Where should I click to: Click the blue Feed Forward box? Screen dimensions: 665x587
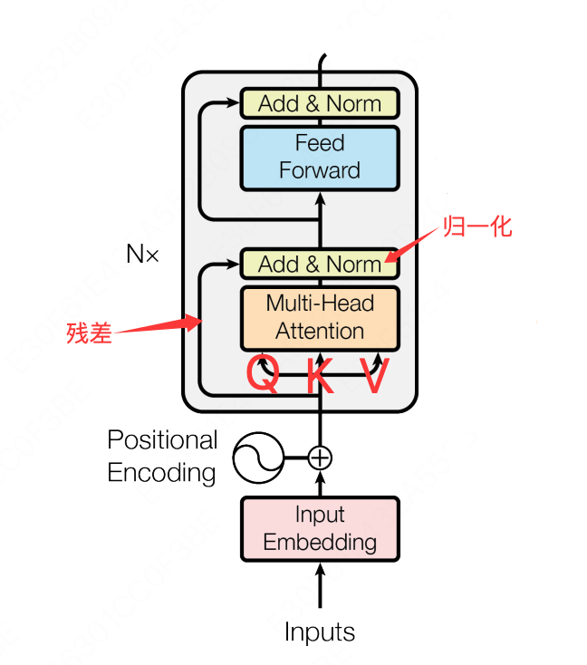319,158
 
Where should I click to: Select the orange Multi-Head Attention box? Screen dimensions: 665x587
319,317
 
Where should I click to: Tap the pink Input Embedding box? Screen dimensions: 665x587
319,529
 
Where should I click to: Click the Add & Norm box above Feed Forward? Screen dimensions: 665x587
319,103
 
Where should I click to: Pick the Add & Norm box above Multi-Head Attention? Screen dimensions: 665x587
319,264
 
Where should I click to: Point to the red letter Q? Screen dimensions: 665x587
264,375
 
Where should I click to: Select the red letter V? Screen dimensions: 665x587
374,375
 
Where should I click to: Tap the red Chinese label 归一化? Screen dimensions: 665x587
477,226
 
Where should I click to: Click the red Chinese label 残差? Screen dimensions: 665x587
89,332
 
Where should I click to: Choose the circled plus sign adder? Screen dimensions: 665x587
319,458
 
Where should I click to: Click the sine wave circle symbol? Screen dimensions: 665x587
257,458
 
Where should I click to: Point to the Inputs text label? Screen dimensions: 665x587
319,631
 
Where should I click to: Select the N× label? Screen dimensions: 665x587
142,255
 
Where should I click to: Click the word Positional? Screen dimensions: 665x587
162,440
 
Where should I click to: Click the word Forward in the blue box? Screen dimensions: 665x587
319,170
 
